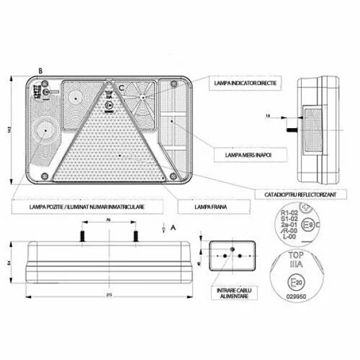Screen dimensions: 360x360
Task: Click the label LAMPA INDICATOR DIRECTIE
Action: tap(243, 81)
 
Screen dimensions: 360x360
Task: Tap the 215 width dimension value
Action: tap(107, 296)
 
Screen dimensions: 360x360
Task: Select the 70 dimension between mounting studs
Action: tap(107, 221)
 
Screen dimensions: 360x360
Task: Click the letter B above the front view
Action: tap(40, 71)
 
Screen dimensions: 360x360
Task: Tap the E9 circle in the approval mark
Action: tap(310, 225)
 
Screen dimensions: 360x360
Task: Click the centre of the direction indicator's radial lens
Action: tap(143, 97)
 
